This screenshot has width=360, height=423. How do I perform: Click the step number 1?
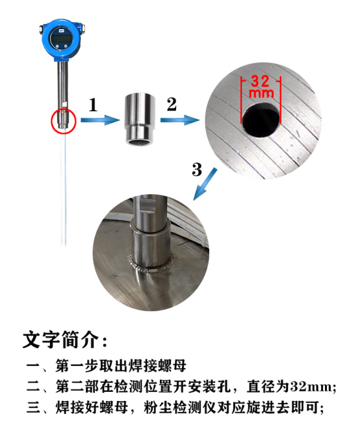(93, 105)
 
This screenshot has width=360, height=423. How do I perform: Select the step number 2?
(172, 105)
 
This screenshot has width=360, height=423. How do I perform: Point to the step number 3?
(197, 170)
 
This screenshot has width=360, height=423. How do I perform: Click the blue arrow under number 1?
(100, 120)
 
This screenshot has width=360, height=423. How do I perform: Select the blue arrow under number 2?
(180, 120)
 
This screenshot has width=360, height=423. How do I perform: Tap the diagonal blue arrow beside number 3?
(205, 184)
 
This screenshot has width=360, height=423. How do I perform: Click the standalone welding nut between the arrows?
(140, 120)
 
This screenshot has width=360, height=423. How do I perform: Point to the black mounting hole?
(261, 120)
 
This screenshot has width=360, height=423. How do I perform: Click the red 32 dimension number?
(260, 81)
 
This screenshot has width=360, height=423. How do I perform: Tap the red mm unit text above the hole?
(261, 94)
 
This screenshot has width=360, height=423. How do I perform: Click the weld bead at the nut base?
(149, 266)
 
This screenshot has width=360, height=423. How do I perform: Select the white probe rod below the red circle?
(64, 189)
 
